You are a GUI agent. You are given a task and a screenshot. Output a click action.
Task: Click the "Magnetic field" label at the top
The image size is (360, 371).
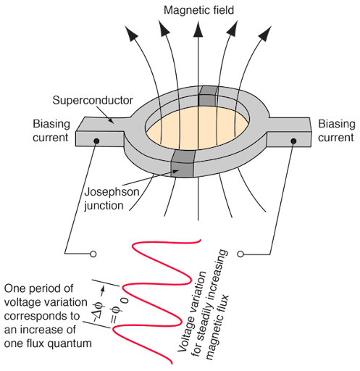198,10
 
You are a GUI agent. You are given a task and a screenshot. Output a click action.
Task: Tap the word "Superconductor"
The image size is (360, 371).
93,101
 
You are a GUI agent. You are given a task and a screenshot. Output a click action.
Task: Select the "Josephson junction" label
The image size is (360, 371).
112,199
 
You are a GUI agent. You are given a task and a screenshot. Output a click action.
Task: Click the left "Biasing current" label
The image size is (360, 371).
51,130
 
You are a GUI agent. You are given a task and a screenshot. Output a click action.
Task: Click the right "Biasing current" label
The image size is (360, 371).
337,130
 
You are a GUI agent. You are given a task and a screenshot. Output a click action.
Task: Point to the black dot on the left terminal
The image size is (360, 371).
96,141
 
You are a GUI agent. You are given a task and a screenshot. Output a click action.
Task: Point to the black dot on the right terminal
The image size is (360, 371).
293,141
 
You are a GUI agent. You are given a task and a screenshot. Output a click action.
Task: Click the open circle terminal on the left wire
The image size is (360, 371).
93,254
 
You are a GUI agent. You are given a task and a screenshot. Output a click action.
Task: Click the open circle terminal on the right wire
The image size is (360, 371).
240,254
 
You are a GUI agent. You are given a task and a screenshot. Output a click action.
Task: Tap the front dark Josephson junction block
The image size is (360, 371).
183,164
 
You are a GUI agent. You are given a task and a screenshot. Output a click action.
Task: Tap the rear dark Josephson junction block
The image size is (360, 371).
208,96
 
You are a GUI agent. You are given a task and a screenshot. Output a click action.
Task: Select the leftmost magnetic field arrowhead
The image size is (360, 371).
131,33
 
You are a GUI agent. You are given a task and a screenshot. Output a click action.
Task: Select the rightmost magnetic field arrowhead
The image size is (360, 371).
265,33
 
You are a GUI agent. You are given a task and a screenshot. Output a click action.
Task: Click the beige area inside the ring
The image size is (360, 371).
198,128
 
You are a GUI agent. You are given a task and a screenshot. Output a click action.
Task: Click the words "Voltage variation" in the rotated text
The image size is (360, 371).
192,311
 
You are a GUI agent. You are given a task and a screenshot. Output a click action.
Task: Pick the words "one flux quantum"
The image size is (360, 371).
48,343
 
